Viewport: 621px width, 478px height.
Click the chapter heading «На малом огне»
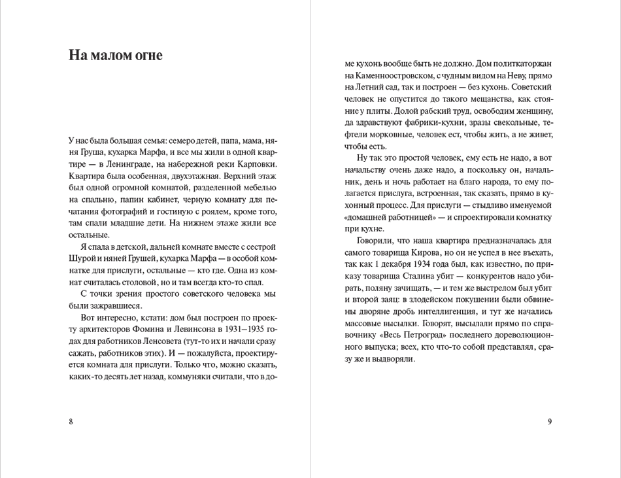(116, 56)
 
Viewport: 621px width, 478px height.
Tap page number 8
(71, 421)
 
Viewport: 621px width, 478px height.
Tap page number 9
(550, 421)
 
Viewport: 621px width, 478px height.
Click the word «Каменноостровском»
(395, 75)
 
